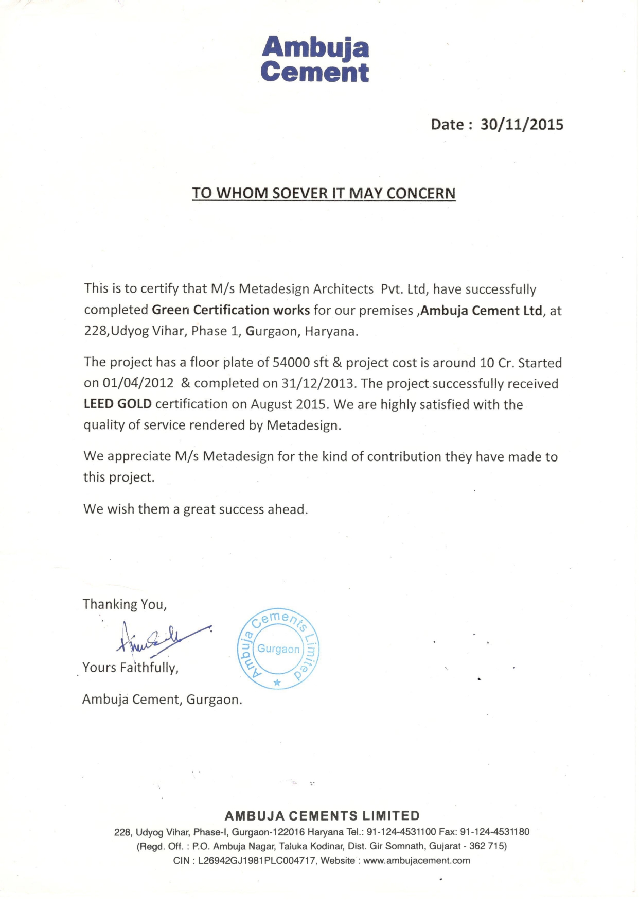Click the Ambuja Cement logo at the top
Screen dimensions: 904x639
pos(315,59)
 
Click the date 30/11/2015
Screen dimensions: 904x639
pos(522,125)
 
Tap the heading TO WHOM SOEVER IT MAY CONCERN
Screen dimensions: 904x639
pos(324,193)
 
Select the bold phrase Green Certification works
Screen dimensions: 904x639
pos(230,310)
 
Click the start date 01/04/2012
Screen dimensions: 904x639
pos(138,384)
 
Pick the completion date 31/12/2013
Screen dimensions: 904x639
pos(318,384)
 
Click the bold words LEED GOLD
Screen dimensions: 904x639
pos(117,404)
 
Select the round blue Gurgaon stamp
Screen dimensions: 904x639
pos(278,649)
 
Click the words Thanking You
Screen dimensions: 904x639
pos(125,604)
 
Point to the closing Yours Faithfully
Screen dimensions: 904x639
pos(130,668)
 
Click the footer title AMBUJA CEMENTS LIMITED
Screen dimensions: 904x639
pos(322,816)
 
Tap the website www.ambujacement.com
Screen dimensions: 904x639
pos(416,861)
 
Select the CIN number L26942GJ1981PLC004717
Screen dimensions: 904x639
pos(256,861)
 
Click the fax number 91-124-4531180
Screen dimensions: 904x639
pos(494,832)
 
